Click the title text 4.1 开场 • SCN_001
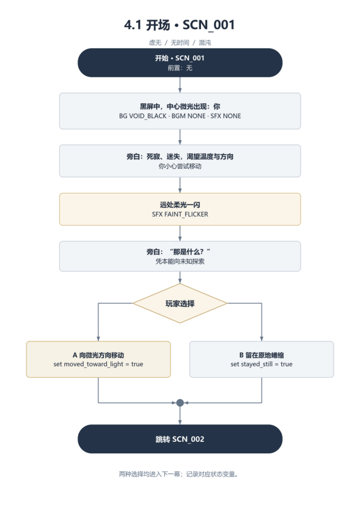coord(179,25)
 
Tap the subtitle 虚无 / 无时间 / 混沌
coord(180,43)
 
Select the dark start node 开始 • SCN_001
coord(180,62)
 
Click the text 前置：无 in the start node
coord(180,68)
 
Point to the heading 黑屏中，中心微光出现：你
coord(180,107)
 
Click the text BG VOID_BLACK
coord(143,116)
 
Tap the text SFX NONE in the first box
coord(226,116)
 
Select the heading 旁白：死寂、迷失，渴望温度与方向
coord(180,157)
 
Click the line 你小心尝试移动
coord(180,166)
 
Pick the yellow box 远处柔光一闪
coord(180,209)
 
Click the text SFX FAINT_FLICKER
coord(180,214)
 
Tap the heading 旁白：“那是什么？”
coord(178,252)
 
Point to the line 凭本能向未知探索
coord(180,261)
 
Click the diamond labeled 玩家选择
coord(180,303)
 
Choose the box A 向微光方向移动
coord(99,359)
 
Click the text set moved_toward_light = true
coord(99,364)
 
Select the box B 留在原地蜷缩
coord(261,359)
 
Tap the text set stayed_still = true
coord(261,364)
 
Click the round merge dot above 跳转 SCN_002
coord(180,403)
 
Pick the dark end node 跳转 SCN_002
coord(180,439)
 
